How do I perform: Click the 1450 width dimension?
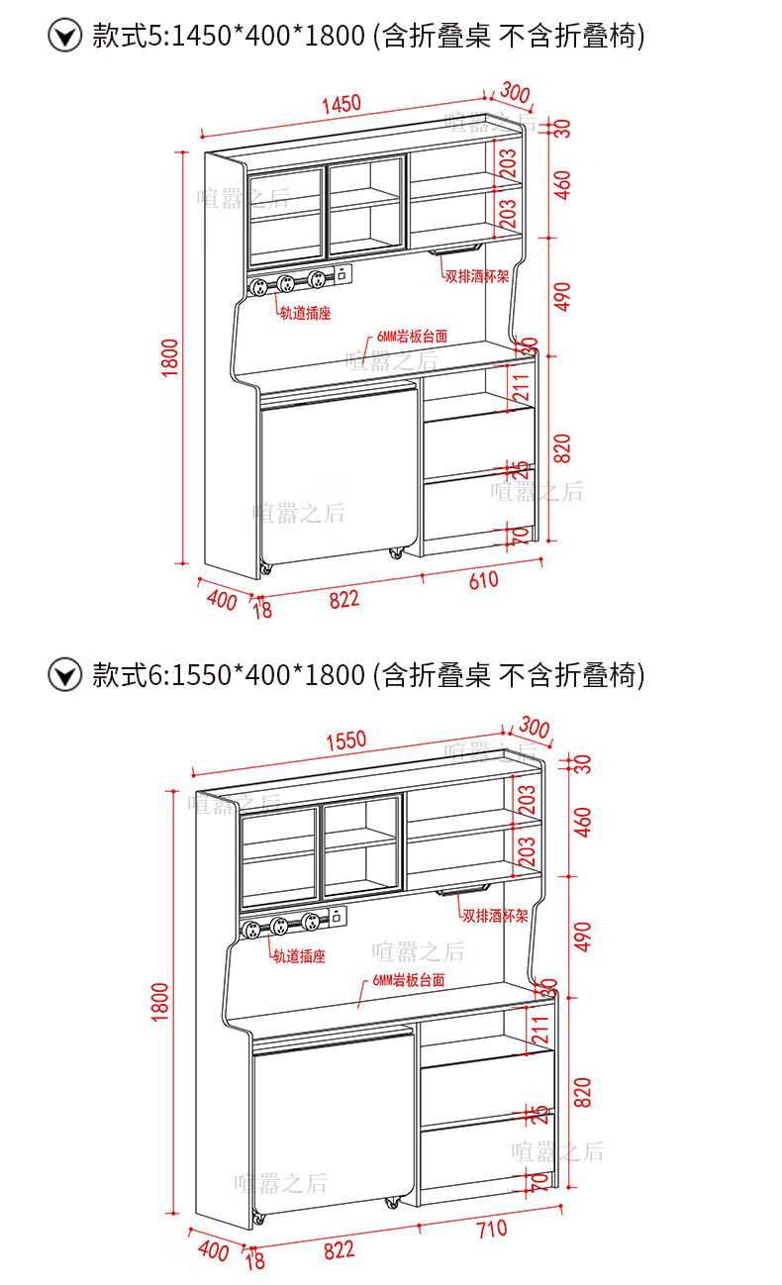(341, 104)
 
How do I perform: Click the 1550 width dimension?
(345, 739)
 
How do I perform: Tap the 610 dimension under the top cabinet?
(483, 581)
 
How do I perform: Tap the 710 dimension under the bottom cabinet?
(491, 1229)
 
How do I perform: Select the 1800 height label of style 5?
(170, 357)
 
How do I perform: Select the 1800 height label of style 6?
(161, 1001)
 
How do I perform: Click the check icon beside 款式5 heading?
(65, 38)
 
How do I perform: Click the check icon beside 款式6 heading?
(65, 676)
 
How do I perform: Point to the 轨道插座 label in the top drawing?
(305, 314)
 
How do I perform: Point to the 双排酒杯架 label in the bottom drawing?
(495, 916)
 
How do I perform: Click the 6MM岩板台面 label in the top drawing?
(411, 337)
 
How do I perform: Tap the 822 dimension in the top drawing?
(343, 599)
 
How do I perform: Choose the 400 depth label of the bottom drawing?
(213, 1249)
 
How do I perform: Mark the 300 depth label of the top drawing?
(515, 93)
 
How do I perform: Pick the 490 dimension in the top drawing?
(563, 295)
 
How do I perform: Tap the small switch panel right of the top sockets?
(341, 277)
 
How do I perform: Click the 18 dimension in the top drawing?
(262, 609)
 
